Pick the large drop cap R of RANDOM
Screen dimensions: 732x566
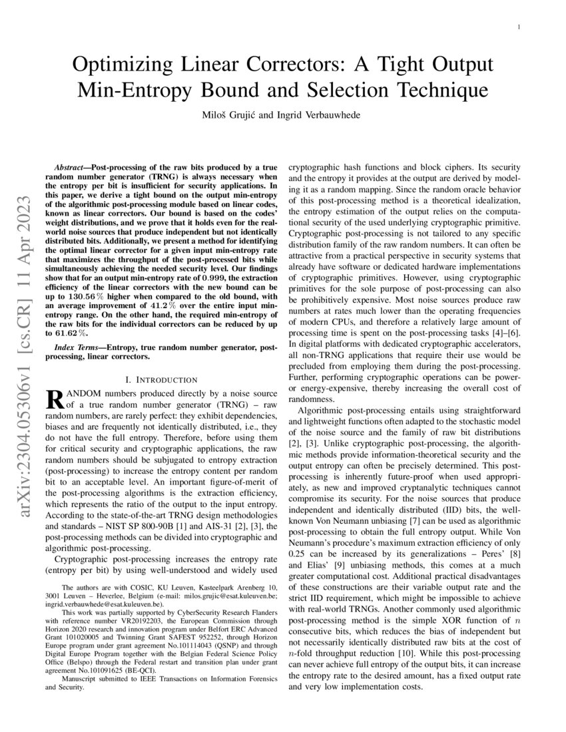tap(53, 399)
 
